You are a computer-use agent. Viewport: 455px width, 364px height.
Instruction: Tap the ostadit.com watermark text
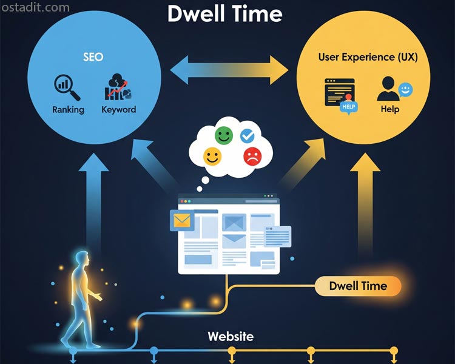36,8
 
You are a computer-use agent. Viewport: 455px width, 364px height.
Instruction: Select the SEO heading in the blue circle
93,57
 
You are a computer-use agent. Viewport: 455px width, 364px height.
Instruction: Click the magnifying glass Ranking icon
67,87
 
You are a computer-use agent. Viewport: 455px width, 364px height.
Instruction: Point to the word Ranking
68,110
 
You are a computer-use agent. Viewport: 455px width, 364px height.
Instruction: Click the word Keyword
118,110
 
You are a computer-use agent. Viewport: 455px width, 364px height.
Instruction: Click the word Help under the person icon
390,109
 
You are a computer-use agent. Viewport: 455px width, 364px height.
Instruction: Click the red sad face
251,156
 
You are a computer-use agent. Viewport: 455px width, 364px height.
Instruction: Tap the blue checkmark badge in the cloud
248,135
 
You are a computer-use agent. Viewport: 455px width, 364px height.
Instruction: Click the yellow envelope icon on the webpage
182,220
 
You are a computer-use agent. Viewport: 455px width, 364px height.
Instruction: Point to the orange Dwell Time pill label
358,286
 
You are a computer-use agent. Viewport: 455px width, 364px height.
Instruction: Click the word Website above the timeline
231,336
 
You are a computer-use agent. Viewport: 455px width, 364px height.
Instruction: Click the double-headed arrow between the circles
230,71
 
